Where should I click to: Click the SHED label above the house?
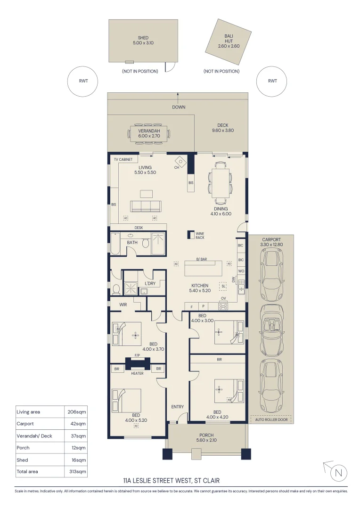[x=143, y=38]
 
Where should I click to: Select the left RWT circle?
[x=83, y=81]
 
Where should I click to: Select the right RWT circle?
[x=272, y=81]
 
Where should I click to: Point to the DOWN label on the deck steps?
[x=179, y=107]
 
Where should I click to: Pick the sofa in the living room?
[x=146, y=206]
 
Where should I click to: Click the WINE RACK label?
[x=199, y=235]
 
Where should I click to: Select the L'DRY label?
[x=150, y=283]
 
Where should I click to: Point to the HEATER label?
[x=137, y=373]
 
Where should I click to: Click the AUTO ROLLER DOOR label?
[x=270, y=419]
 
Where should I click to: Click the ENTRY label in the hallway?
[x=178, y=407]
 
